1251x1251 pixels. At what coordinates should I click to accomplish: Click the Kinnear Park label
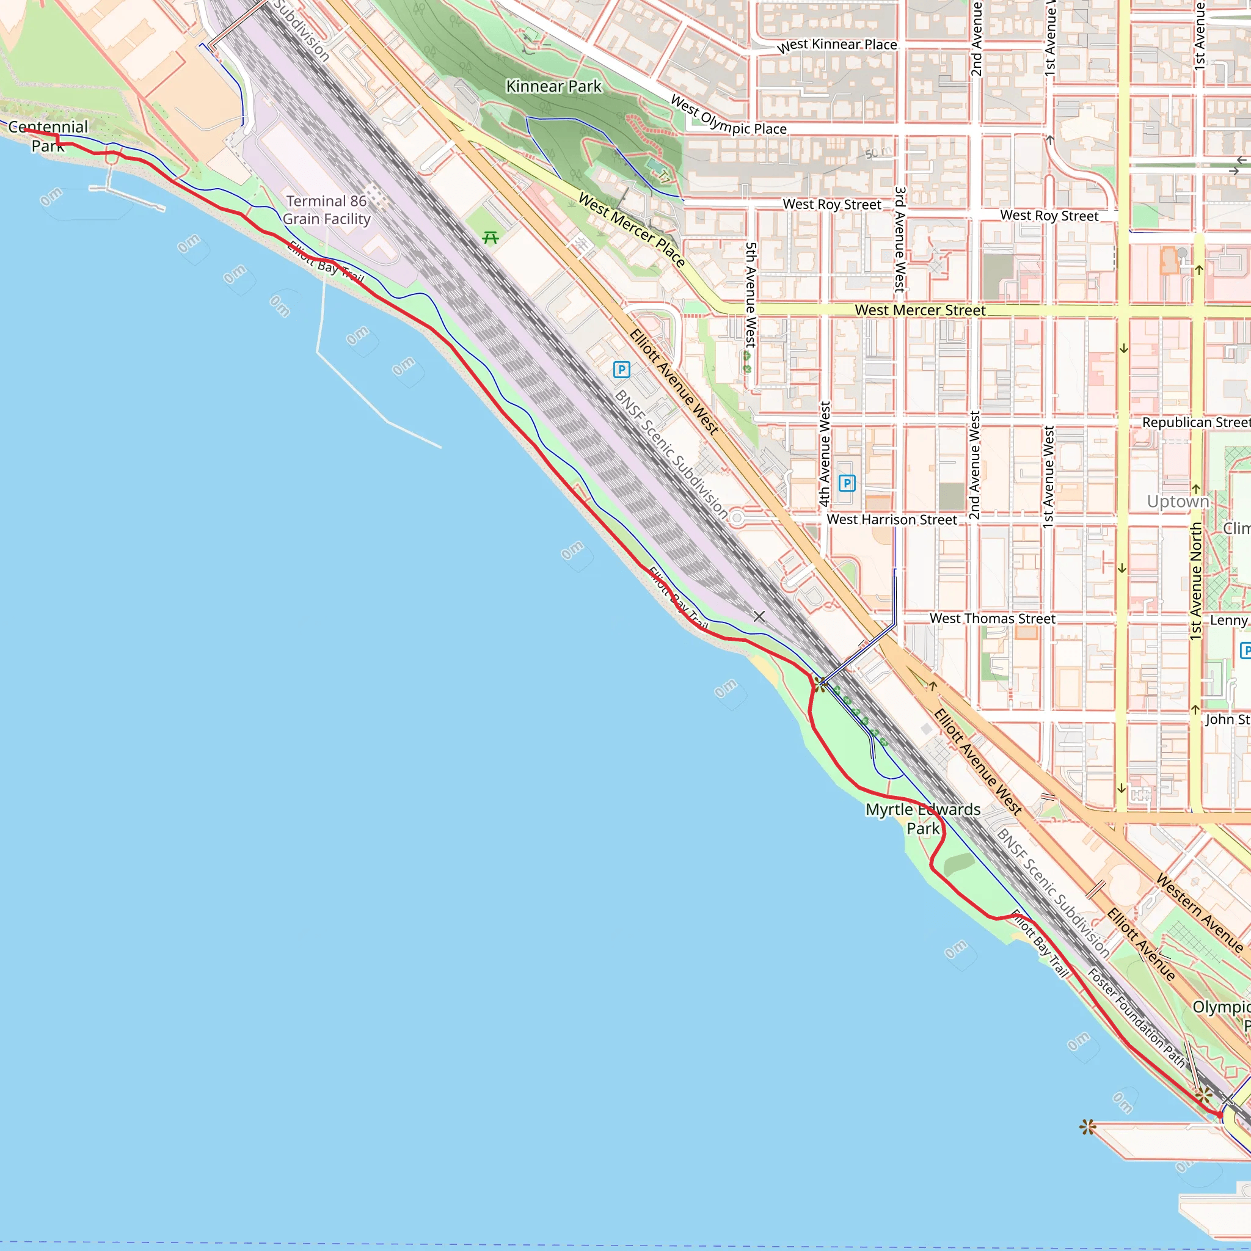(x=553, y=86)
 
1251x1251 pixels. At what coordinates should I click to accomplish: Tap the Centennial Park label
(x=47, y=136)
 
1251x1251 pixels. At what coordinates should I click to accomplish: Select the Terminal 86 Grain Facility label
(x=326, y=210)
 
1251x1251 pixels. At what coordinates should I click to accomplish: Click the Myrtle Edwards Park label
(x=923, y=819)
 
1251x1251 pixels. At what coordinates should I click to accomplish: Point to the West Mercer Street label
(x=919, y=310)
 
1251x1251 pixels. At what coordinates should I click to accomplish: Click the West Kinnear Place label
(x=837, y=45)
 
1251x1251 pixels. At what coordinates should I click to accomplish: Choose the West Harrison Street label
(x=891, y=519)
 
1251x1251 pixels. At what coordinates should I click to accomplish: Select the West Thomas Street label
(x=992, y=618)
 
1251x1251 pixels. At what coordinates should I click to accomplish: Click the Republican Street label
(x=1195, y=422)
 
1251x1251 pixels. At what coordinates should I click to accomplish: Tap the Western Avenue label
(x=1199, y=913)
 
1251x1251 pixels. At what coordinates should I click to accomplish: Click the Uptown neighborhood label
(x=1178, y=501)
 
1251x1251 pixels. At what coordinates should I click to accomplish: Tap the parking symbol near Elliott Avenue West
(x=621, y=370)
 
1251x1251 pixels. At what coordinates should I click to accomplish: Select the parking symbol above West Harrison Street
(x=846, y=483)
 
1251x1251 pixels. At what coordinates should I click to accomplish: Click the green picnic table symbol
(x=490, y=238)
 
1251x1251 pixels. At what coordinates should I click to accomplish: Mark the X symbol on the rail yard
(x=759, y=616)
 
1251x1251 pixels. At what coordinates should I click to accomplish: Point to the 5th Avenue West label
(x=751, y=294)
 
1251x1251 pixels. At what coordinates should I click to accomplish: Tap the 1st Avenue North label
(x=1195, y=582)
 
